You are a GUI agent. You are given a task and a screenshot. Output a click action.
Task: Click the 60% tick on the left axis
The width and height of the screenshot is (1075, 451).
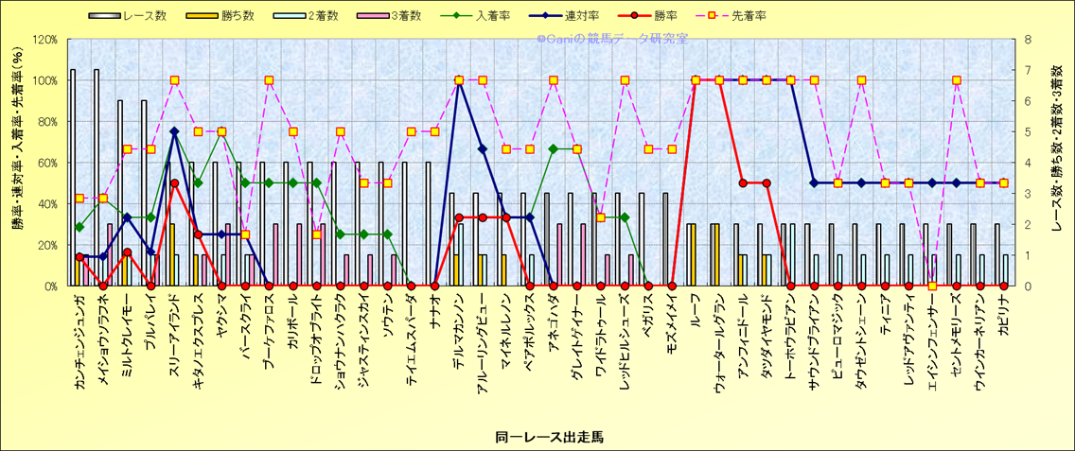coord(47,163)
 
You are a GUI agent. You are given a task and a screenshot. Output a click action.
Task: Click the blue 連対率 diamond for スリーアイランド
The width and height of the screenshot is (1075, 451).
coord(174,131)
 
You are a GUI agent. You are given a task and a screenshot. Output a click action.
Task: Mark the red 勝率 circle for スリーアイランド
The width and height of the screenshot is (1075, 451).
coord(174,183)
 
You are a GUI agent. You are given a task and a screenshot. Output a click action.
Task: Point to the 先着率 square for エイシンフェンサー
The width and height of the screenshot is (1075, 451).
coord(932,286)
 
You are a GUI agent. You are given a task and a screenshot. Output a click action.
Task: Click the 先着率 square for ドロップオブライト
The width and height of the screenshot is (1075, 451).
coord(316,234)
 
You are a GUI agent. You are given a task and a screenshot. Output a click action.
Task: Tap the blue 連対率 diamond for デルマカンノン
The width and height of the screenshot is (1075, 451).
coord(459,80)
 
